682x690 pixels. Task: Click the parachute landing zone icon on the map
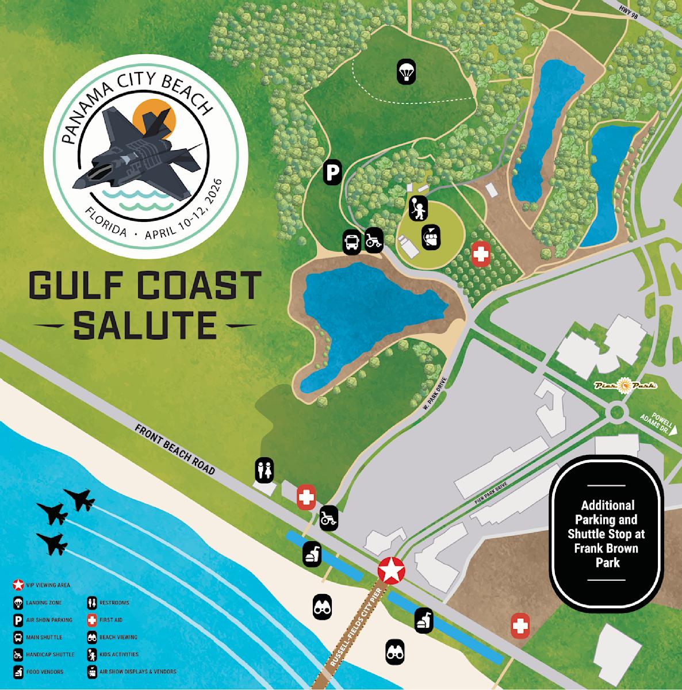(407, 72)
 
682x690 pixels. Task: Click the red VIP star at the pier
(391, 570)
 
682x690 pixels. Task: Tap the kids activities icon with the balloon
(418, 208)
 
